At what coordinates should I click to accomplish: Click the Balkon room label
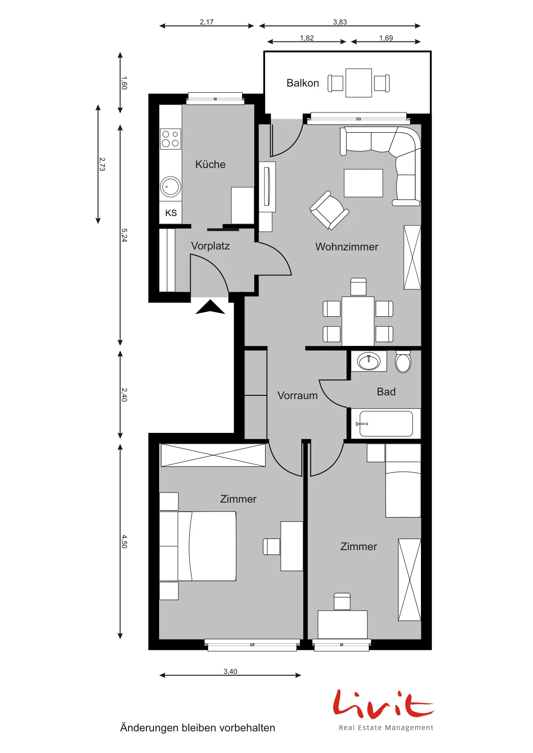click(303, 83)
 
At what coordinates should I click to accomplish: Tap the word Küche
click(210, 164)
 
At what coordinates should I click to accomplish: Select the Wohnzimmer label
click(347, 247)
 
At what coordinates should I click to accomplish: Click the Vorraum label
click(298, 395)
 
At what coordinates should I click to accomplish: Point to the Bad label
click(386, 392)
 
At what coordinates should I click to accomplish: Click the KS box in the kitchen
click(170, 213)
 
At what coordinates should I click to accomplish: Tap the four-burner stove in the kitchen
click(170, 139)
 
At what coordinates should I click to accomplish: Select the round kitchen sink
click(170, 186)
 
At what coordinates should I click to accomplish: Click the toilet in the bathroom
click(403, 362)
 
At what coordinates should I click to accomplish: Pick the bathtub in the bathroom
click(386, 424)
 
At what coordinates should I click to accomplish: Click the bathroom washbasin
click(369, 361)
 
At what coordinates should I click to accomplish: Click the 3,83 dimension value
click(340, 22)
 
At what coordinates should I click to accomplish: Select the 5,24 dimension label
click(124, 235)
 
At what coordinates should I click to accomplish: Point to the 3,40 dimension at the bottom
click(230, 671)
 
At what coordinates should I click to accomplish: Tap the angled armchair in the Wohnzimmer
click(329, 211)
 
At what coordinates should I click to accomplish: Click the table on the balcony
click(359, 83)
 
